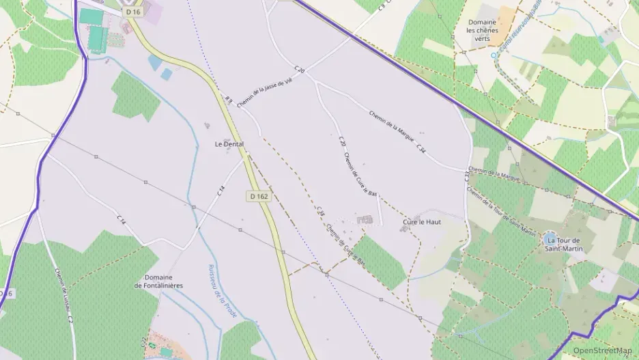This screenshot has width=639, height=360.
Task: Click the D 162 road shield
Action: click(x=259, y=196)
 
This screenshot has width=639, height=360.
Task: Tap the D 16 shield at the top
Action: click(x=133, y=12)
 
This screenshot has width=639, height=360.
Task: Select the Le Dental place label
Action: click(x=229, y=144)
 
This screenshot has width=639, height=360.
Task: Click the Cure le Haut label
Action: click(x=422, y=222)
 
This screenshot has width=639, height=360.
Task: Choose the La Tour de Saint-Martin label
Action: click(x=563, y=245)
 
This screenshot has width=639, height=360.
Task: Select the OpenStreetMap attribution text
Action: click(x=602, y=350)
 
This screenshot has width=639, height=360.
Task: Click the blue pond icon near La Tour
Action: click(x=550, y=239)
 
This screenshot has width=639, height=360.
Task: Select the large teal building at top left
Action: click(x=91, y=16)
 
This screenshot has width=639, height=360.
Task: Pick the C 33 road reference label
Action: click(x=468, y=177)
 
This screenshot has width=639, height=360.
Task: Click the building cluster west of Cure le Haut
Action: click(x=365, y=220)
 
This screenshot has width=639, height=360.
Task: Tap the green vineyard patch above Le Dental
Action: click(x=134, y=95)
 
